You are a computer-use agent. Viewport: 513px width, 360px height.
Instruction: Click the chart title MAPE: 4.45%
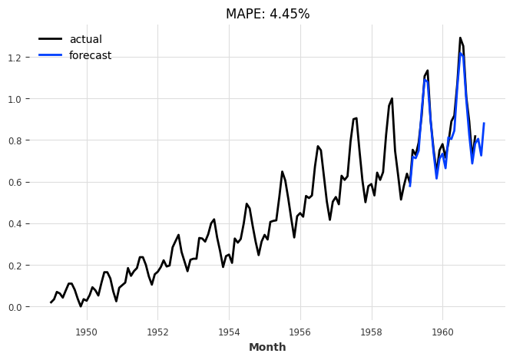(x=267, y=14)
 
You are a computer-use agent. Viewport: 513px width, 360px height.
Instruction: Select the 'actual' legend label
(x=85, y=39)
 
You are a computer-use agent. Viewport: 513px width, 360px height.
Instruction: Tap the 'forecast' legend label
(x=90, y=55)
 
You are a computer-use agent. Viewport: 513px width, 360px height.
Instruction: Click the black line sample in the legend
(x=50, y=39)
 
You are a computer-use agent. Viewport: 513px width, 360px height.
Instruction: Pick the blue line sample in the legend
(x=50, y=55)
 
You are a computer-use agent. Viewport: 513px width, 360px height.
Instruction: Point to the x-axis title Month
(x=267, y=347)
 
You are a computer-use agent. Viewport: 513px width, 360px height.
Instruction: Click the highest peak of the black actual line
(x=460, y=38)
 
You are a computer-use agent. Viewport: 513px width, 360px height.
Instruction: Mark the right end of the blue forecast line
(x=484, y=123)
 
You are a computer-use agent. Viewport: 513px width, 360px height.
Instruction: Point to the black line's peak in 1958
(x=392, y=98)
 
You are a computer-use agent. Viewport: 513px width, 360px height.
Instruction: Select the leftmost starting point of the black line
(x=51, y=302)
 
